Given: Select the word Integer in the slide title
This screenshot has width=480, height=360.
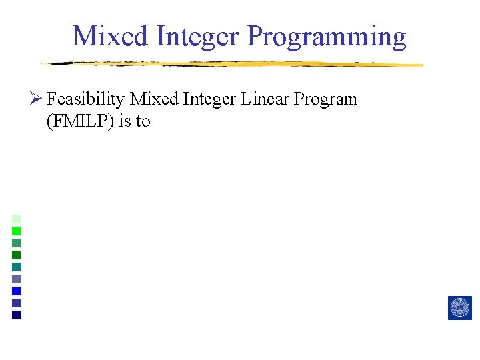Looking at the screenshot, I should coord(199,36).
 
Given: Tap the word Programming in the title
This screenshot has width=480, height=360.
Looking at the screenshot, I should coord(327,37).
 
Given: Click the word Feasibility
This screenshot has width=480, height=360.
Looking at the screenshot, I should coord(86,100).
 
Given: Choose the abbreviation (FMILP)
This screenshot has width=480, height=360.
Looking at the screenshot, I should coord(81,121).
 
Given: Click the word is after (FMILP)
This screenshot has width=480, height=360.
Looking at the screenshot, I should coord(125,121).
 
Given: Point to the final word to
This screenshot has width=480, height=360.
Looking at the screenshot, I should coord(143,121).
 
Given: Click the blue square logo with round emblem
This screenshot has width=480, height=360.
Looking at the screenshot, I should coord(459,308).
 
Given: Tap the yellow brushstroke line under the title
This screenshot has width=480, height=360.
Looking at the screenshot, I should coord(233,64).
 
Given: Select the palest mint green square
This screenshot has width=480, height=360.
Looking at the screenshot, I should coord(17,219).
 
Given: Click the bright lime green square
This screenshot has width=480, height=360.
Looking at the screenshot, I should coord(17,231).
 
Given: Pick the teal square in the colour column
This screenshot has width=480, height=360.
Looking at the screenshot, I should coord(17,267).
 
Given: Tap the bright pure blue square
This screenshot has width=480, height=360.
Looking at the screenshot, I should coord(17,291).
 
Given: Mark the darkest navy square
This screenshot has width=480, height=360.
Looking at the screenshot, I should coord(17,315).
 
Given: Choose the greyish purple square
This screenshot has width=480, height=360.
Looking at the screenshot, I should coord(17,279).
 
